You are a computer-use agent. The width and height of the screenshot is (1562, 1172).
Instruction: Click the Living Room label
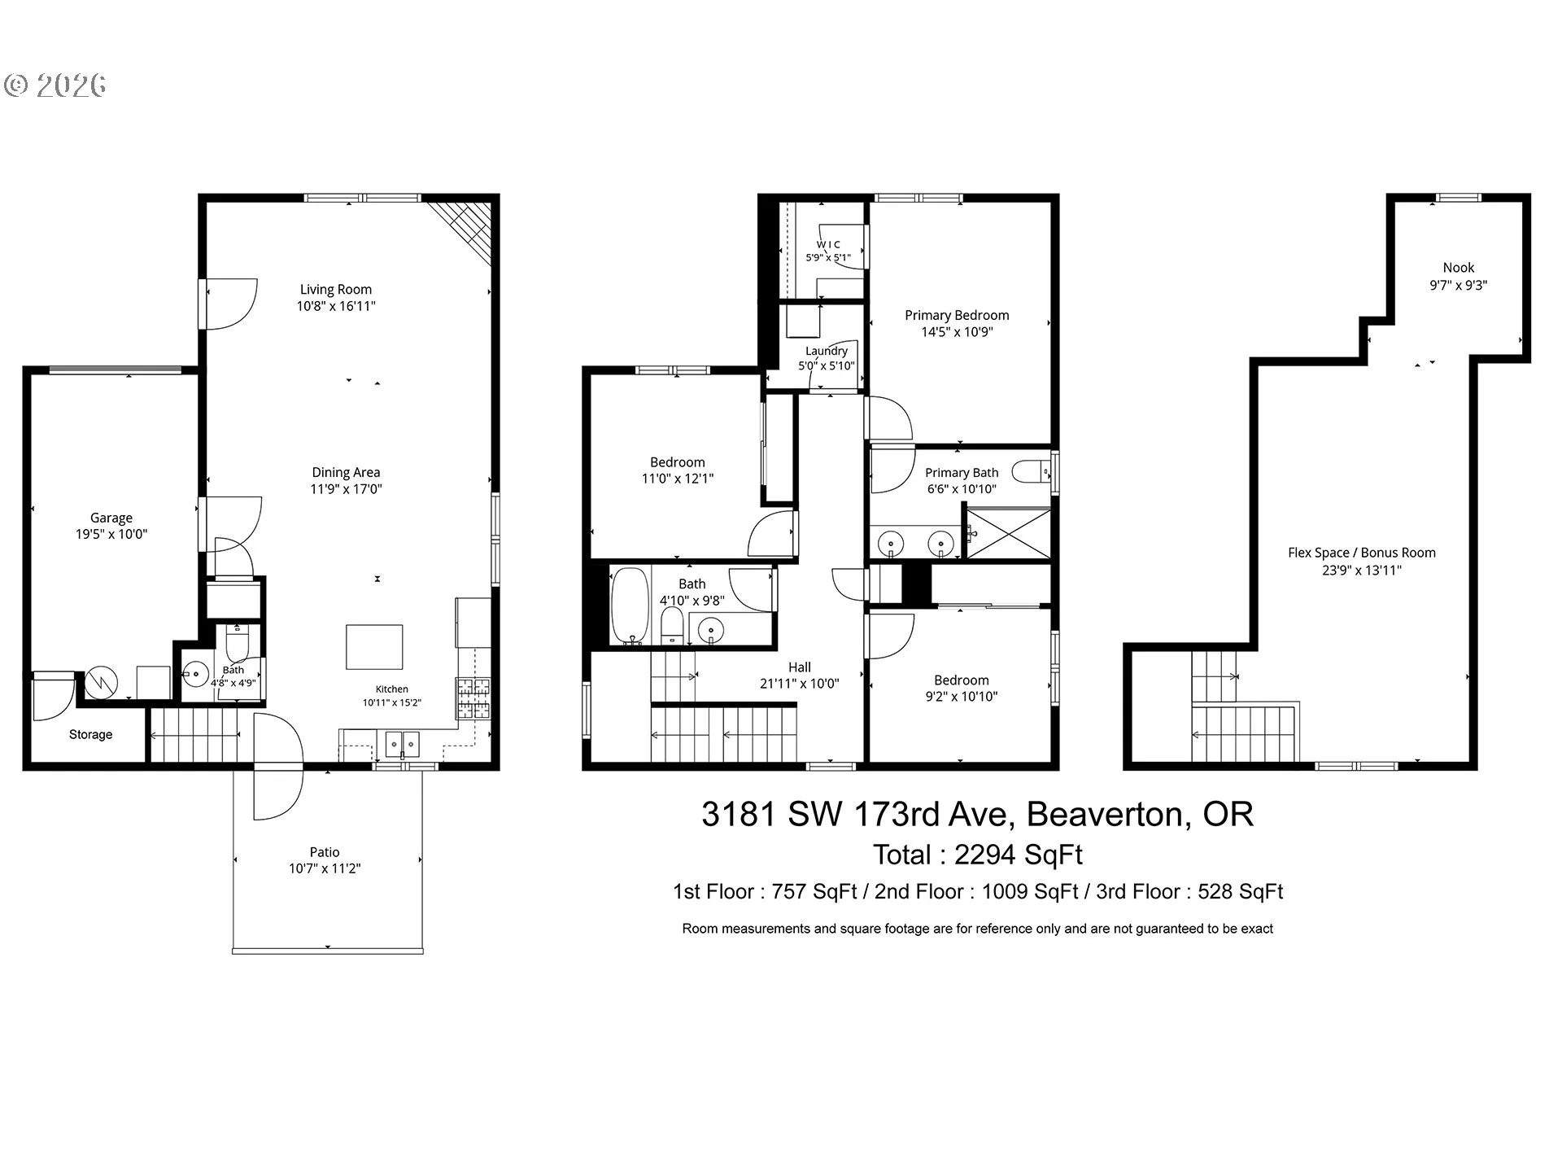tap(335, 289)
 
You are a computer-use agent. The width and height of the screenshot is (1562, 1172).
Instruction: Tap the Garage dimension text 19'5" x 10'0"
tap(111, 535)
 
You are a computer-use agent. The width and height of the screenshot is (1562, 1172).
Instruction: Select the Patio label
tap(325, 852)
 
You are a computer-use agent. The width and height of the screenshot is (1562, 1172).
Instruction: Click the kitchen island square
tap(374, 647)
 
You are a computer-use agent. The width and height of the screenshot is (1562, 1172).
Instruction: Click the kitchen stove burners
tap(473, 698)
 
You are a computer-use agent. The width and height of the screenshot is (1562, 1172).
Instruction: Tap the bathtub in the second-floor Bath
tap(630, 606)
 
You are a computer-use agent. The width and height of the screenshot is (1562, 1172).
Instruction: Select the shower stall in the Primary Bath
tap(1007, 534)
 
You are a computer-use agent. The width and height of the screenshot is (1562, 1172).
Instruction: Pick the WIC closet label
tap(828, 244)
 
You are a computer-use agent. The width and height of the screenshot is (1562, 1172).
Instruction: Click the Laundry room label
tap(827, 351)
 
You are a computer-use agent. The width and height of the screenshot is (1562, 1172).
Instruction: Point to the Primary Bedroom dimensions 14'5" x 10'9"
tap(957, 332)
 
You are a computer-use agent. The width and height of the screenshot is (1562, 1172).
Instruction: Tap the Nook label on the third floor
tap(1459, 268)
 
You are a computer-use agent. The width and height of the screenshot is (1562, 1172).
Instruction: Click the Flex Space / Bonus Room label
tap(1362, 553)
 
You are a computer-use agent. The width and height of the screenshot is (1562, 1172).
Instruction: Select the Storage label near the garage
tap(90, 734)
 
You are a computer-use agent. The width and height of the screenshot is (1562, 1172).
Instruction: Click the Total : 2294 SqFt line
tap(978, 855)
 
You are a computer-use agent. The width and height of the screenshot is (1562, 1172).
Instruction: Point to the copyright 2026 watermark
tap(55, 85)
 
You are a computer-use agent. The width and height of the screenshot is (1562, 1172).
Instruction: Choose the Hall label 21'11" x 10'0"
tap(800, 676)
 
